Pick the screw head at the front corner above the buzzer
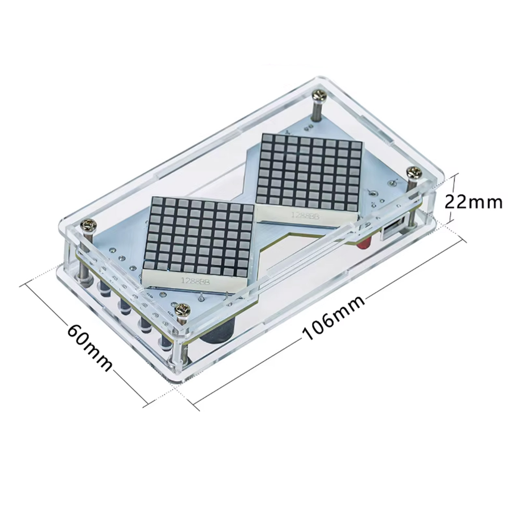click(x=183, y=308)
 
